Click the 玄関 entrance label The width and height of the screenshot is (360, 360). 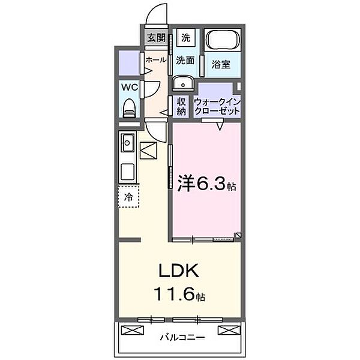pos(156,38)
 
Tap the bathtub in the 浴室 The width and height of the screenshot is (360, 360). pos(222,40)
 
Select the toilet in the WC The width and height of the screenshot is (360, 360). pos(129,108)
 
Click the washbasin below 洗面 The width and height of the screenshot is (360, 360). pos(183,83)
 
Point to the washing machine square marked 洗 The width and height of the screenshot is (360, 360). pos(186,38)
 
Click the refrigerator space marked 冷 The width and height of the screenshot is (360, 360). pos(128,197)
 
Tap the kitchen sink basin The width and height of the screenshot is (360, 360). pos(128,143)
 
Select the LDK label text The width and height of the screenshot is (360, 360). pos(179,271)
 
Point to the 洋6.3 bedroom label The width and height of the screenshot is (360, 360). pos(206,184)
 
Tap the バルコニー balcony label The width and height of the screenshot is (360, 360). pos(182,337)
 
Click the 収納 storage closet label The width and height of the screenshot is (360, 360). pos(181,107)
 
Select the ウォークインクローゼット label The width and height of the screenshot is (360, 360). pos(217,107)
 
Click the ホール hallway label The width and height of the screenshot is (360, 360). pos(156,60)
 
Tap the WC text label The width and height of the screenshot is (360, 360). pos(130,87)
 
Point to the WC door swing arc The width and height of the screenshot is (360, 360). pos(157,91)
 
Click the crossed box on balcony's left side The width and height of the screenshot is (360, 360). pos(132,330)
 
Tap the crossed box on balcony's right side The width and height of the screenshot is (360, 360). pos(229,330)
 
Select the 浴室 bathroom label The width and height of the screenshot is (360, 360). pos(221,65)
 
